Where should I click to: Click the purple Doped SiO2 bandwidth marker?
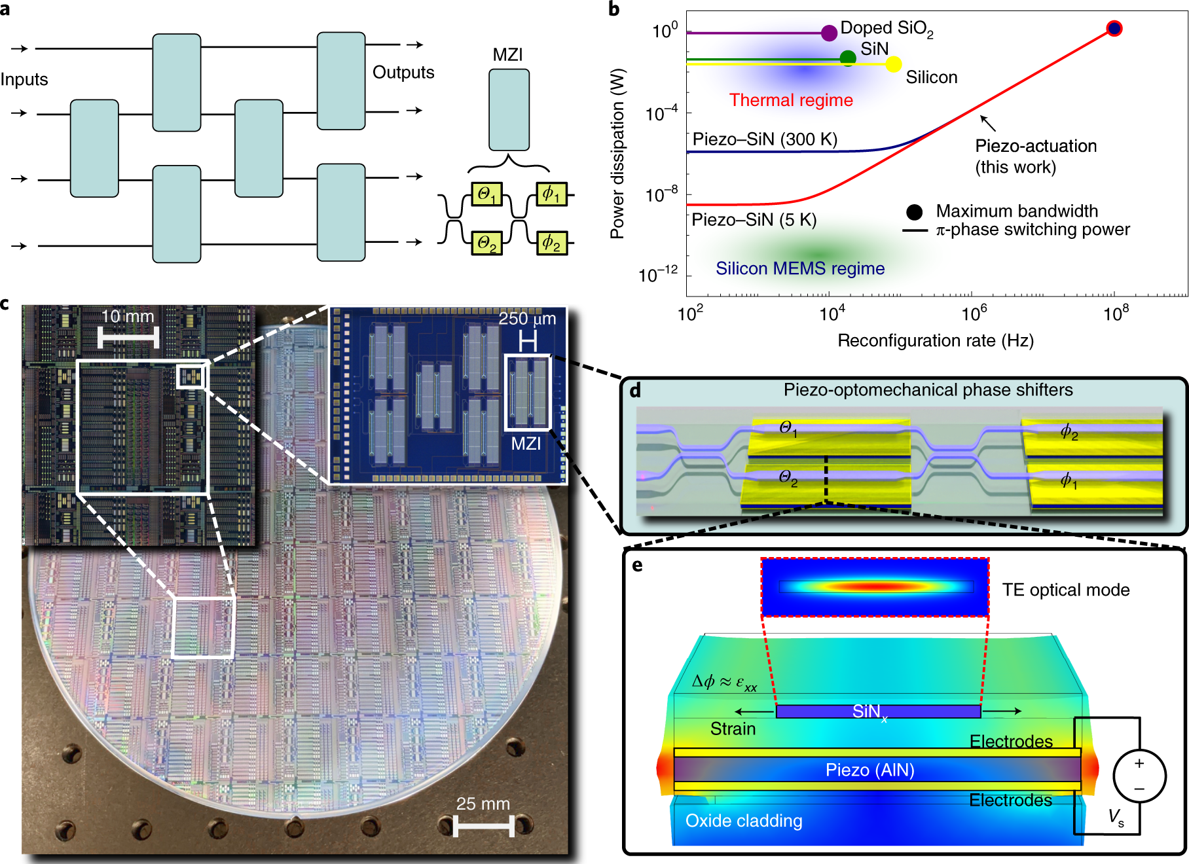(829, 33)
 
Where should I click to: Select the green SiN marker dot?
(848, 58)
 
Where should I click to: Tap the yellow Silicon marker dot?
(893, 63)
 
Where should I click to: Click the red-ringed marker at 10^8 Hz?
(1114, 28)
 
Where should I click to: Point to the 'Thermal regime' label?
(791, 100)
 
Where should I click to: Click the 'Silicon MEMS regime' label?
(799, 268)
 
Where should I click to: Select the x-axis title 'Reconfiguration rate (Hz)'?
(936, 341)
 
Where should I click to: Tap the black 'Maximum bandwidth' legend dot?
(915, 211)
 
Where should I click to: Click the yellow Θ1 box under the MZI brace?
(486, 194)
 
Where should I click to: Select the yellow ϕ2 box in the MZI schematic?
(551, 243)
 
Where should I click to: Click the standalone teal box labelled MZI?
(509, 110)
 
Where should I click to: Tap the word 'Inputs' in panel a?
(24, 80)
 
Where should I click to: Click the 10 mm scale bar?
(128, 338)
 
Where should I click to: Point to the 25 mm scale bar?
(484, 825)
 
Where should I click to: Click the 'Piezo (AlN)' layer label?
(869, 770)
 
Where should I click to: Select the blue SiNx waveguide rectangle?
(877, 711)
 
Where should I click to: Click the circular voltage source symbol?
(1139, 776)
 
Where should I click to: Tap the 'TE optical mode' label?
(1065, 590)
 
